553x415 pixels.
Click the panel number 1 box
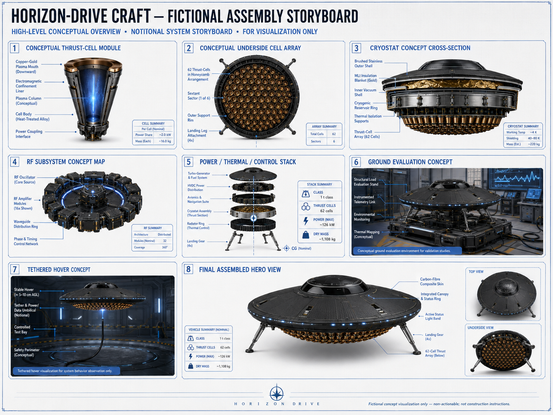(x=15, y=48)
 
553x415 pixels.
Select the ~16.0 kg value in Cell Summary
(x=165, y=141)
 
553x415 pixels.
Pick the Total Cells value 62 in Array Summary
(x=334, y=134)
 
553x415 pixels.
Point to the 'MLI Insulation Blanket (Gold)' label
(x=365, y=78)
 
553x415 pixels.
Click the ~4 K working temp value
(x=533, y=132)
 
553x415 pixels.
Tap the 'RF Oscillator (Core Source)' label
(x=25, y=180)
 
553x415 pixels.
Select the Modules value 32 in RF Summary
(x=165, y=241)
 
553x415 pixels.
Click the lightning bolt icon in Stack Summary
(x=306, y=221)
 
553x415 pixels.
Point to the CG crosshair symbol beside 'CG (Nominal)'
(x=286, y=248)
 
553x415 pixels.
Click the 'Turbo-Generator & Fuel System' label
(x=199, y=175)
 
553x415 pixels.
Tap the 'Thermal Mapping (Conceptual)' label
(x=367, y=234)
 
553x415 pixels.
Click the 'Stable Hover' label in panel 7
(x=24, y=290)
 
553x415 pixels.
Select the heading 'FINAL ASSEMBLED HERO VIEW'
(x=240, y=270)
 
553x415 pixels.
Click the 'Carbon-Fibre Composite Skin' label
(x=432, y=282)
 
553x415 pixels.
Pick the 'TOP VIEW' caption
(x=476, y=272)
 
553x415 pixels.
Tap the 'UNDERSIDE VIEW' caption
(x=480, y=327)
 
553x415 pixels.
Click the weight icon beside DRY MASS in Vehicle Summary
(x=191, y=366)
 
